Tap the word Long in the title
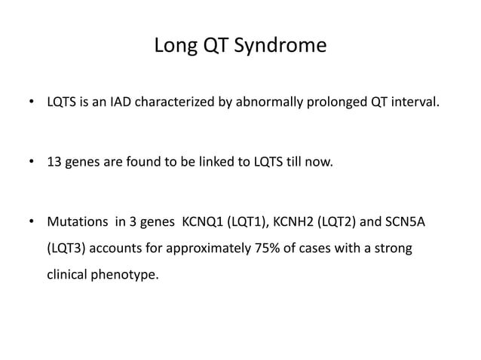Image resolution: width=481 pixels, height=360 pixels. pyautogui.click(x=173, y=47)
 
